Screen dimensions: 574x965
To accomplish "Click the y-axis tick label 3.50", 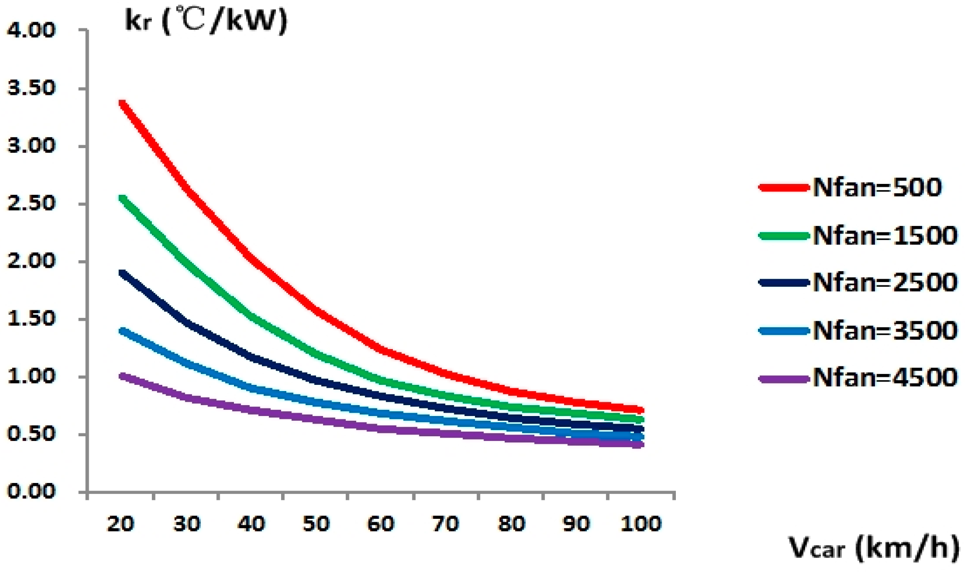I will click(32, 88).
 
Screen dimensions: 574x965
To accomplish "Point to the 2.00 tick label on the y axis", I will click(32, 261).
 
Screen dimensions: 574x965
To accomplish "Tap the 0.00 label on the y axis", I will click(32, 491).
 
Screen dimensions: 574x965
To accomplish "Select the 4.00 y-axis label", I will click(32, 30).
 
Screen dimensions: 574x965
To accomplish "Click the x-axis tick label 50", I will click(316, 524).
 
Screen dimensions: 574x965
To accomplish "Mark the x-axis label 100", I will click(641, 524).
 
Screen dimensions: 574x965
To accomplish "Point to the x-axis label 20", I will click(121, 524).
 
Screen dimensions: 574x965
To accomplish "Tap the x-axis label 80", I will click(511, 524).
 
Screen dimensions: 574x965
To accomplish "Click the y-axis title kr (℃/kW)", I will click(206, 21).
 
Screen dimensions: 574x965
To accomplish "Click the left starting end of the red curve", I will click(122, 103).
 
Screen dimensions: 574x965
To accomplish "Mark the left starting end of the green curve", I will click(122, 198).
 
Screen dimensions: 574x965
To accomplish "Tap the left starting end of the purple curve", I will click(122, 376).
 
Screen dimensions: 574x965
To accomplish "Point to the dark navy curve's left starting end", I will click(122, 273).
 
